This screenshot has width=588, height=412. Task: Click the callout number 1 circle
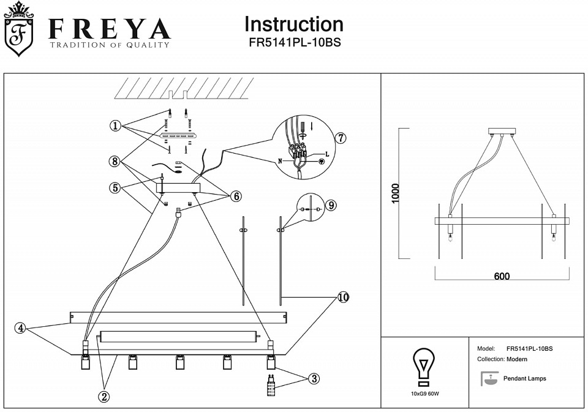115,125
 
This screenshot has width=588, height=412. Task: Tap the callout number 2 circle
104,396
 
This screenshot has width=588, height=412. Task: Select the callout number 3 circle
313,379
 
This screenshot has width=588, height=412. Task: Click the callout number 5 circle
115,188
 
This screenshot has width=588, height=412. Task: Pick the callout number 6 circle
236,196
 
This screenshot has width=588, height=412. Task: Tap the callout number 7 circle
341,138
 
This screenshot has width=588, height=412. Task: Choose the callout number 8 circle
115,162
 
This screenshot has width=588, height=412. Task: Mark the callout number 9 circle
330,205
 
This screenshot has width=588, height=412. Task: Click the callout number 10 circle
343,298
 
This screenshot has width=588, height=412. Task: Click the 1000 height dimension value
395,194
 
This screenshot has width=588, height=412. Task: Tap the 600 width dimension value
502,276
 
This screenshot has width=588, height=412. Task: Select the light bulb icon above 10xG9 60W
423,366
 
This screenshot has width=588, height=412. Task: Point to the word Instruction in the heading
293,24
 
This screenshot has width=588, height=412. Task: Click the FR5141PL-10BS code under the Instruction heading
294,43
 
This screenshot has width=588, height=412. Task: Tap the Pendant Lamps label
524,379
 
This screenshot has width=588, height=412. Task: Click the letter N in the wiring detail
280,161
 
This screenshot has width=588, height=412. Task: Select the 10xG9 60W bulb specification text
423,393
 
